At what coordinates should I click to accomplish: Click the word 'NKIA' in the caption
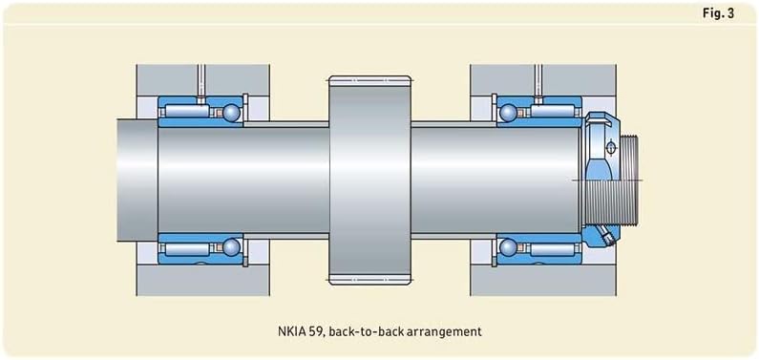click(x=288, y=332)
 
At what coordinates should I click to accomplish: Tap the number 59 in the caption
click(x=315, y=332)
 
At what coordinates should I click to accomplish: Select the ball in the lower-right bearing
click(x=508, y=248)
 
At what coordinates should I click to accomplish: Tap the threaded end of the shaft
click(x=630, y=181)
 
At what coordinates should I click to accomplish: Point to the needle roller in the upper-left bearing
click(x=191, y=114)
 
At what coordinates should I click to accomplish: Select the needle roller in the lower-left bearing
click(x=191, y=248)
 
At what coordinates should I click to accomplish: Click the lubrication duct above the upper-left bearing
click(x=202, y=80)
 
